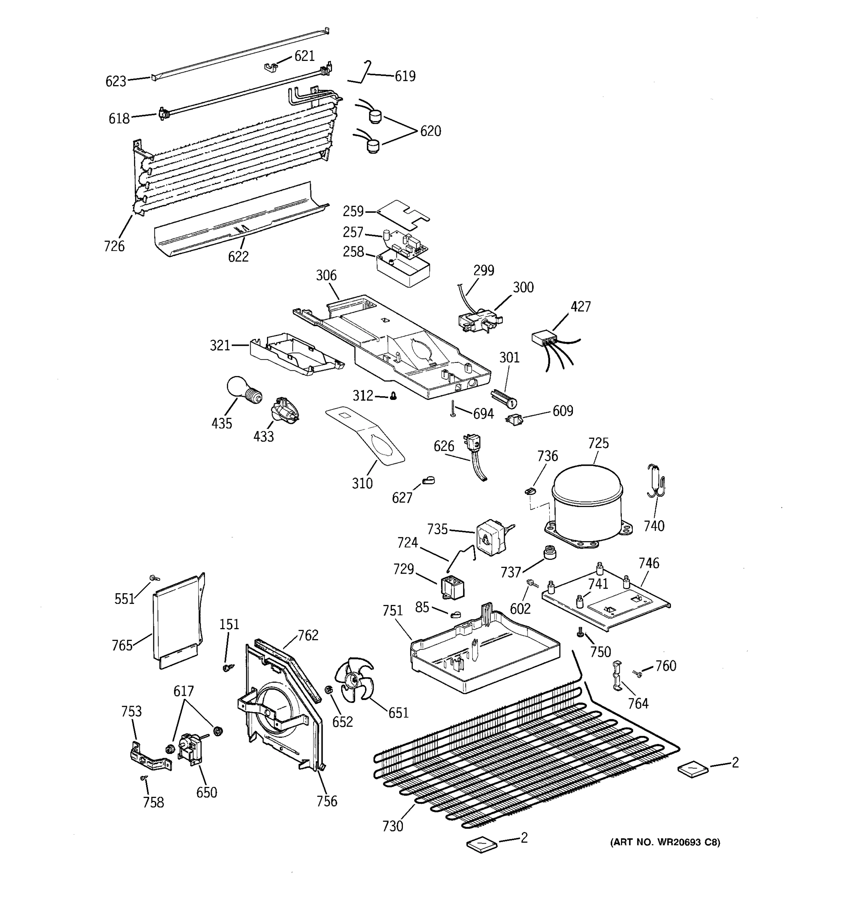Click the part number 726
pyautogui.click(x=114, y=246)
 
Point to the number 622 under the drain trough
pyautogui.click(x=238, y=257)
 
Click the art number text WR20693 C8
pyautogui.click(x=665, y=842)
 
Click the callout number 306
pyautogui.click(x=326, y=275)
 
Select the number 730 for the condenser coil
pyautogui.click(x=393, y=826)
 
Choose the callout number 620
pyautogui.click(x=431, y=131)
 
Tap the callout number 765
pyautogui.click(x=122, y=645)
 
